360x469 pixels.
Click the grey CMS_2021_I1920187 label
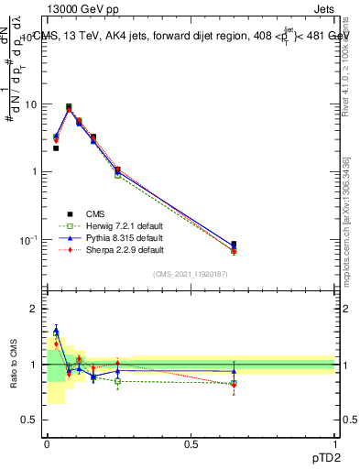click(191, 274)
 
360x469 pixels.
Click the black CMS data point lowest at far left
click(56, 147)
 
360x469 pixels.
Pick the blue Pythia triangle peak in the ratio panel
click(56, 331)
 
